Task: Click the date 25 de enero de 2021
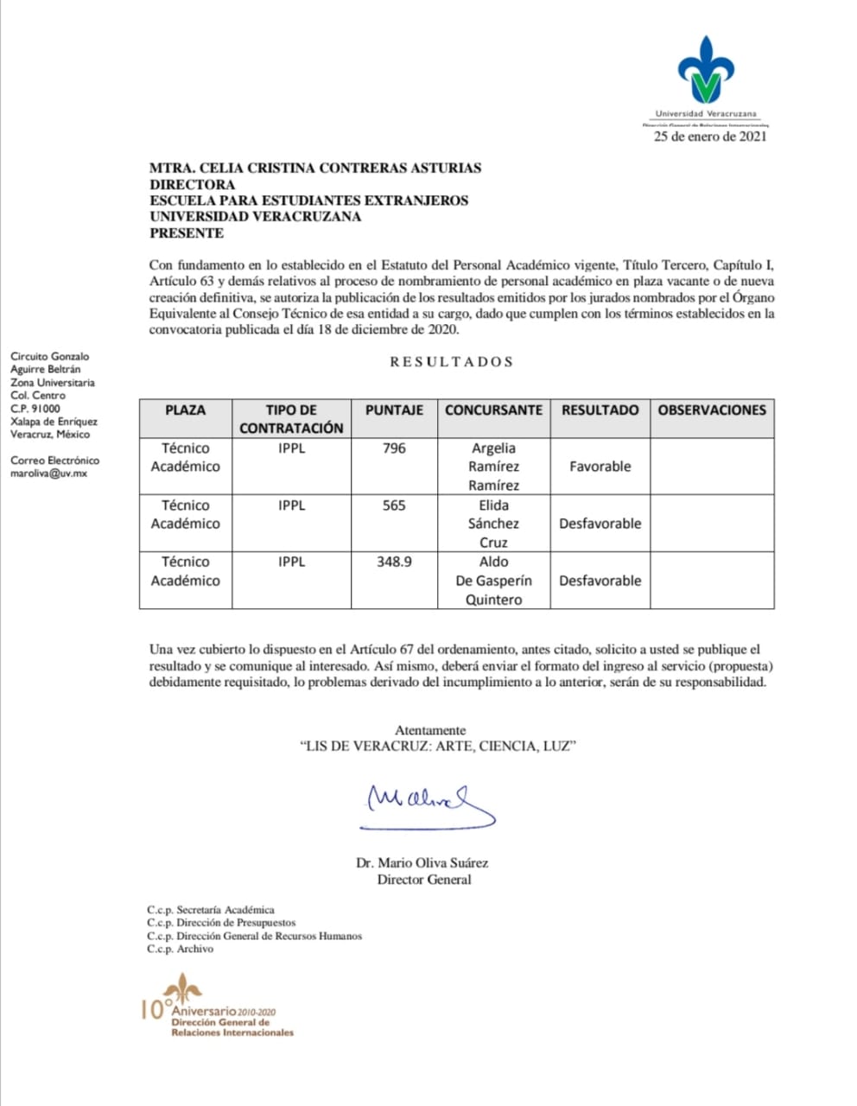709,136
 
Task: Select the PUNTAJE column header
394,410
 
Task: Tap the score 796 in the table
394,448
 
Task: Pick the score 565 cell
394,505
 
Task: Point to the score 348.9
394,562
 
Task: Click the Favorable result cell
600,467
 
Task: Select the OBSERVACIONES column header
712,410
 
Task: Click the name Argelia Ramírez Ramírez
493,467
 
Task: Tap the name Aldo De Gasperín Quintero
493,581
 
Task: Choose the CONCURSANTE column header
493,410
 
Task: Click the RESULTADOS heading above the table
452,362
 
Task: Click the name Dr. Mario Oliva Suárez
422,862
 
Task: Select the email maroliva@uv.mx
48,474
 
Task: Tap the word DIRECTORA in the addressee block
192,184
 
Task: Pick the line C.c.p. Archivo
180,949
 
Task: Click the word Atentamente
430,730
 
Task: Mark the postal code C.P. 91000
35,409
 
